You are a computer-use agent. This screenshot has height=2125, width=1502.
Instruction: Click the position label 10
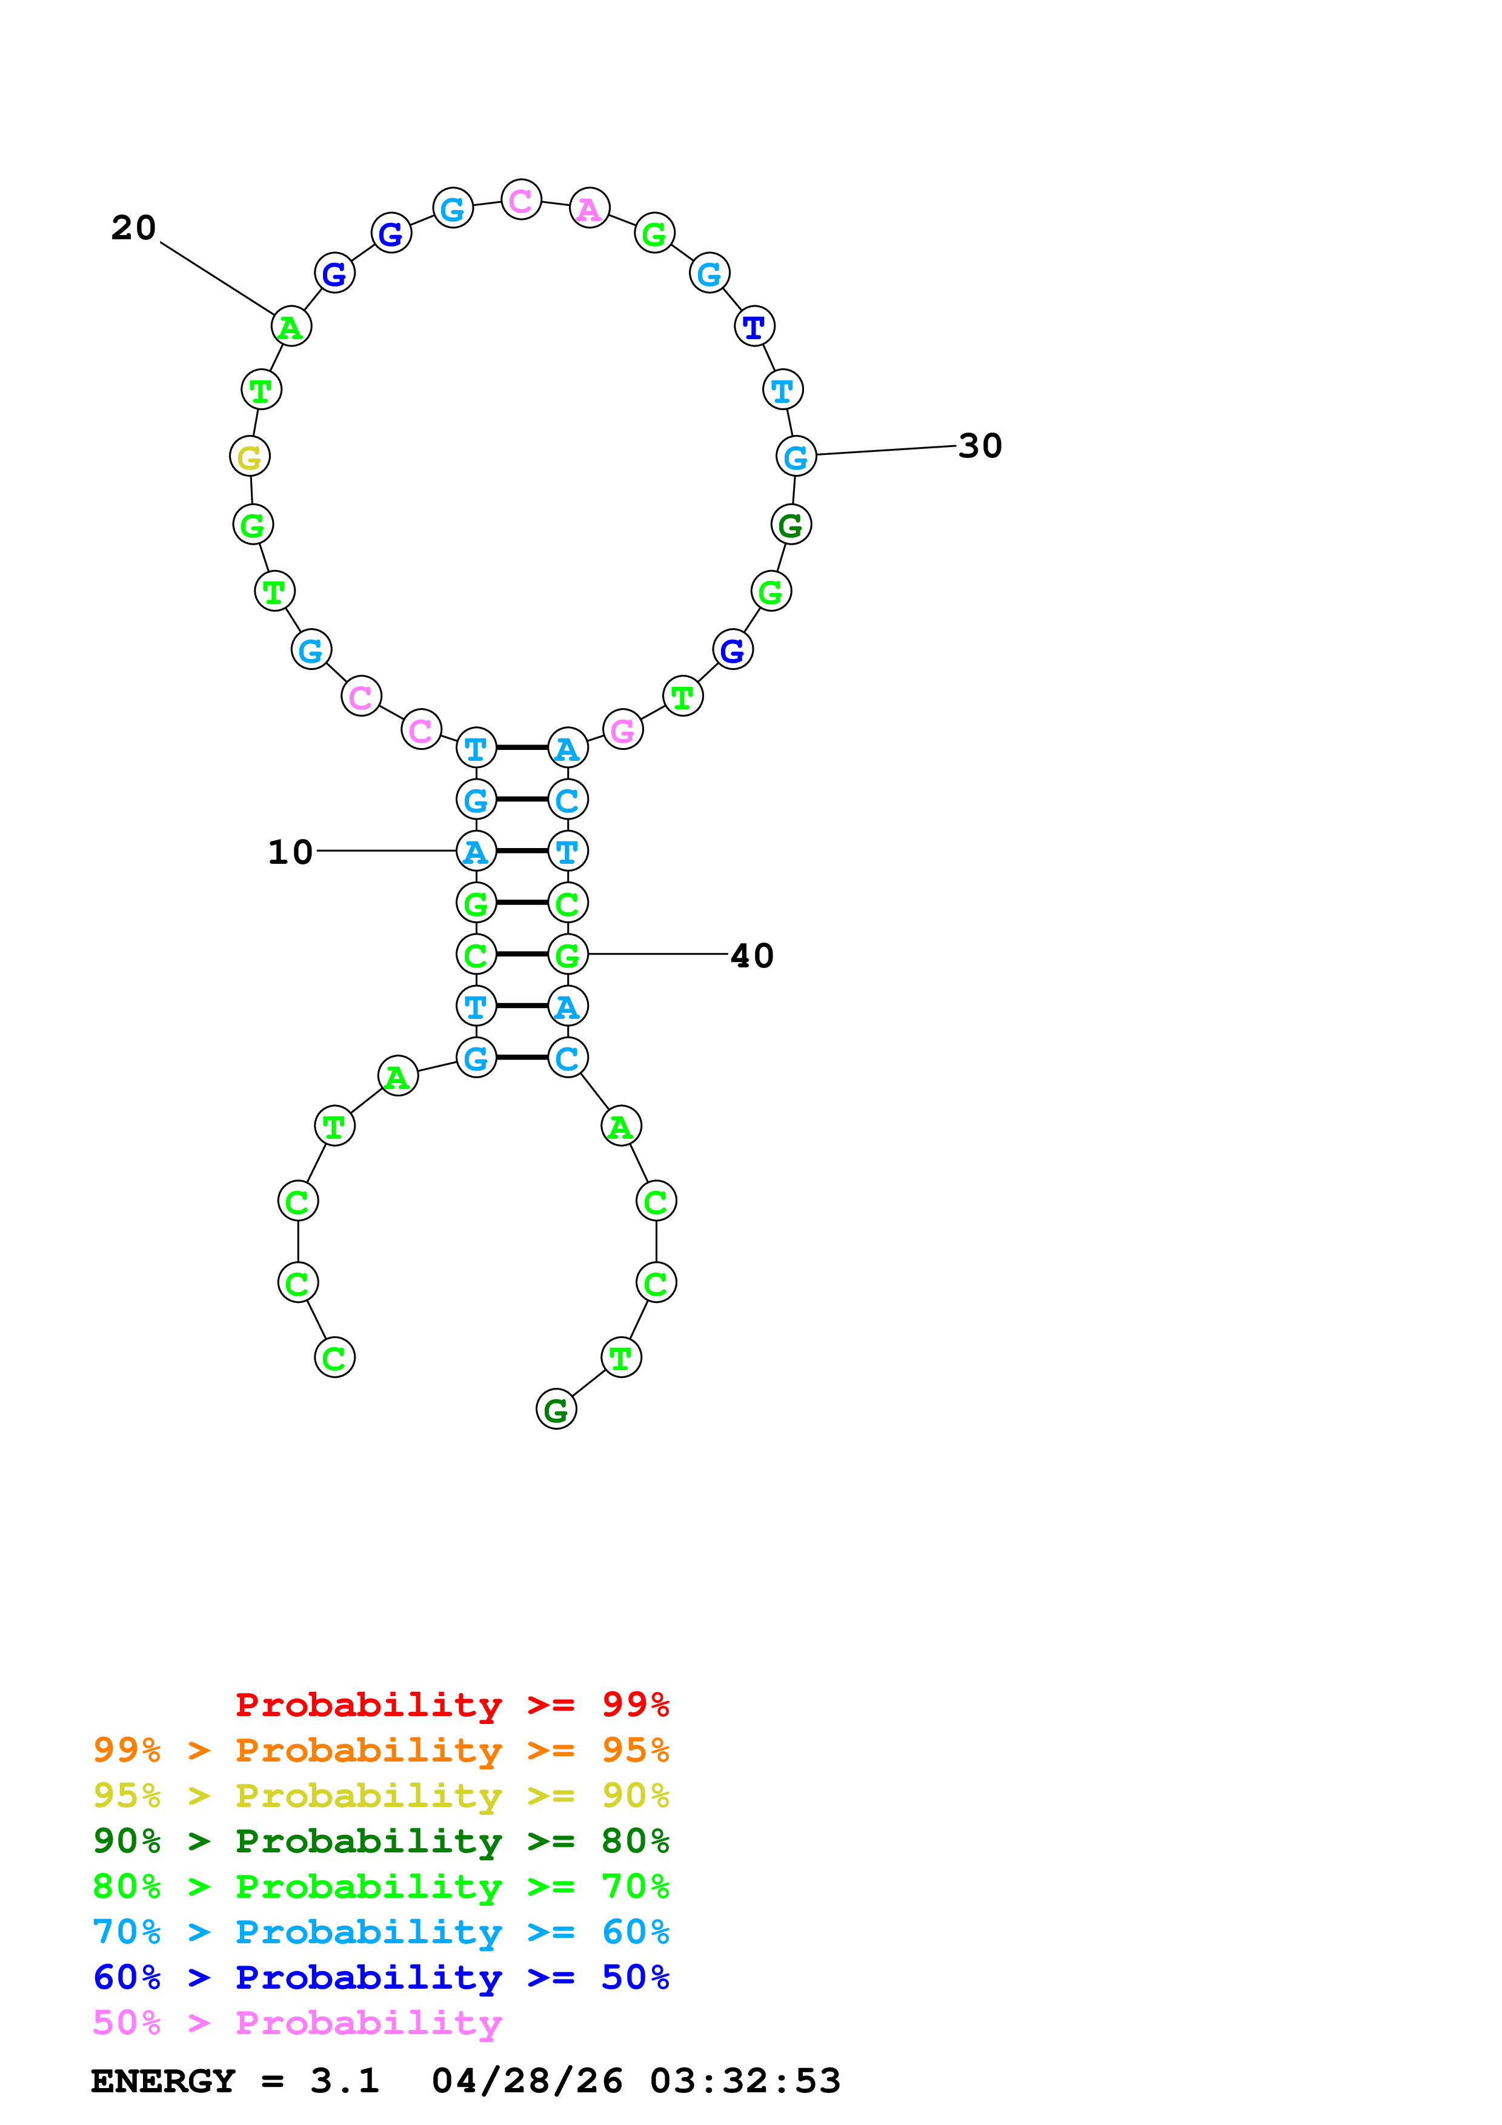(290, 852)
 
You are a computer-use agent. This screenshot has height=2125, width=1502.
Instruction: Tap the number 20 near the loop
(133, 228)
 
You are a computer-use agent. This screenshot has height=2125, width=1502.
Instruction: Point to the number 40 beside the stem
(751, 956)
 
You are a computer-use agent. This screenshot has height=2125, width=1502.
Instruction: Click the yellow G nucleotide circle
(250, 457)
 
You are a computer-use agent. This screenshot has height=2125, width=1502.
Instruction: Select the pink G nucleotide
(623, 731)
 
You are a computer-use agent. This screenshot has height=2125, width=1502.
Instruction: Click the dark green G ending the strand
(556, 1410)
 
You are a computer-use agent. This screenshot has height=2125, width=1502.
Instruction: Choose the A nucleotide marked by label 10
(476, 852)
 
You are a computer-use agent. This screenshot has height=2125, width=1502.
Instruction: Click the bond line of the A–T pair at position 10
(522, 852)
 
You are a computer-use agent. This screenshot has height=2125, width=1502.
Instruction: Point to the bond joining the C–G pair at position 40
(522, 954)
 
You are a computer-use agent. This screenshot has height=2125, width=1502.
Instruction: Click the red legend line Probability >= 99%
(451, 1705)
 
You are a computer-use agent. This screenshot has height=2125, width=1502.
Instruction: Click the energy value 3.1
(344, 2081)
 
